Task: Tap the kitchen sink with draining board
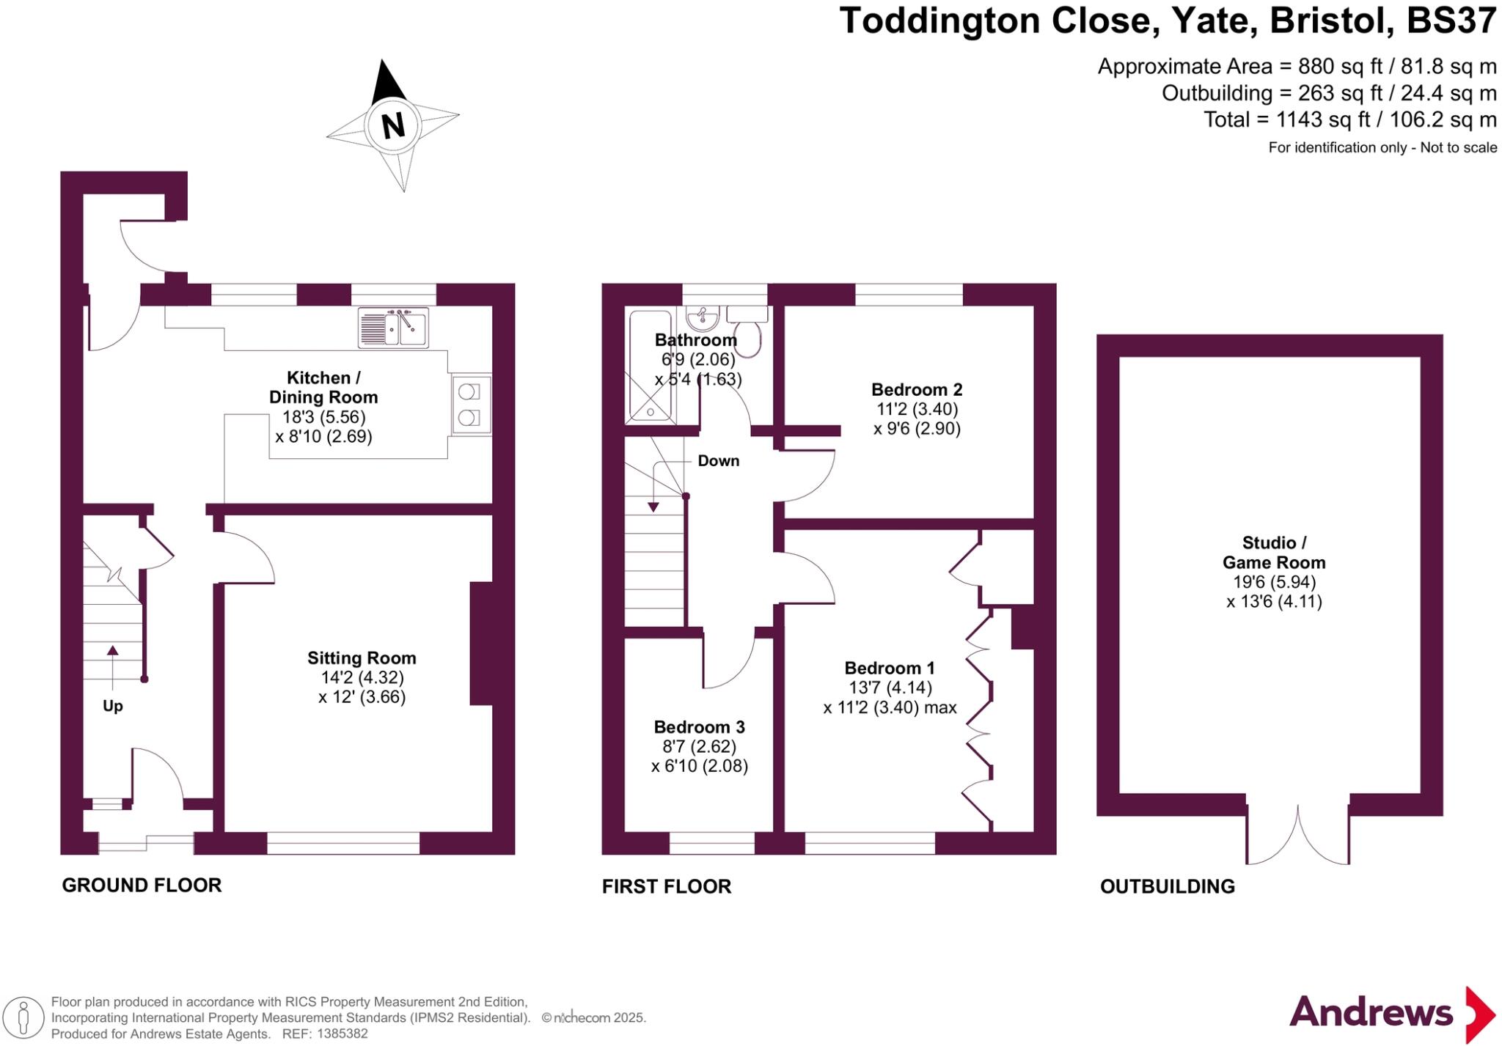[393, 327]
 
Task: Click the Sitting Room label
[362, 658]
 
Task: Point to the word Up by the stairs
[112, 706]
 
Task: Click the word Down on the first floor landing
[718, 461]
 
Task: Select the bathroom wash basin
[703, 318]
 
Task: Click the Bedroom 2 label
[917, 390]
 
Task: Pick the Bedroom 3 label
[699, 727]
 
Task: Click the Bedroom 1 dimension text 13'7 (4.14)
[890, 688]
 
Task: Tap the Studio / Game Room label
[1274, 553]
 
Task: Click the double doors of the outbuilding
[1297, 836]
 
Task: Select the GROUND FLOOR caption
[142, 885]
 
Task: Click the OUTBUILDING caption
[1168, 887]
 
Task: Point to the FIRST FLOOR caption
[667, 887]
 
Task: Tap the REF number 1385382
[342, 1034]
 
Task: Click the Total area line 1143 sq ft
[1349, 119]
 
